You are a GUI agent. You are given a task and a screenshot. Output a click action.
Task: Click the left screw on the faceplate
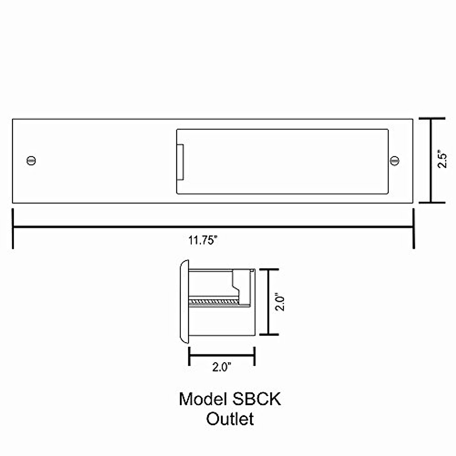(x=32, y=161)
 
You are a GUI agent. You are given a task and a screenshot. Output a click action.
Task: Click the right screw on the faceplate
(x=395, y=160)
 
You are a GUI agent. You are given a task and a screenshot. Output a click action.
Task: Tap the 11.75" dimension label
(x=203, y=241)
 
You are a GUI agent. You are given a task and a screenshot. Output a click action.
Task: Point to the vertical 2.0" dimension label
(x=280, y=302)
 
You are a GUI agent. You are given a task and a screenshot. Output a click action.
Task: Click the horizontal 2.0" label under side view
(x=222, y=367)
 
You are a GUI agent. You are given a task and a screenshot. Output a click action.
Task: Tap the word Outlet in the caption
(x=230, y=419)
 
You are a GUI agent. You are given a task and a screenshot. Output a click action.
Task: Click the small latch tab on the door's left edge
(x=181, y=161)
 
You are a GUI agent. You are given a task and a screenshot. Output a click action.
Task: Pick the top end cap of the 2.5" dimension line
(x=431, y=119)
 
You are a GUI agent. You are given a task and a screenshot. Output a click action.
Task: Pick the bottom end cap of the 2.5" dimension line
(x=431, y=203)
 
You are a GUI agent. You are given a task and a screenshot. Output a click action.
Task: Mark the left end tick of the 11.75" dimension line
(x=13, y=228)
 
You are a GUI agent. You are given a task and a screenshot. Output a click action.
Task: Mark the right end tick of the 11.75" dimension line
(x=413, y=228)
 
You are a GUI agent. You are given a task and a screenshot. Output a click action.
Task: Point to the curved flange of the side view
(x=184, y=302)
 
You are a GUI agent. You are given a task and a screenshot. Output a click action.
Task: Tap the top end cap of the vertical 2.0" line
(x=269, y=269)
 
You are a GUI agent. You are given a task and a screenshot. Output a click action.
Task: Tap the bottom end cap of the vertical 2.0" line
(x=269, y=334)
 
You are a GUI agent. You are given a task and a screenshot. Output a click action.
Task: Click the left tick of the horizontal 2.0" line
(x=189, y=356)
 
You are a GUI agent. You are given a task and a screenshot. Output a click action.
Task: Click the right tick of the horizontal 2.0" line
(x=254, y=356)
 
